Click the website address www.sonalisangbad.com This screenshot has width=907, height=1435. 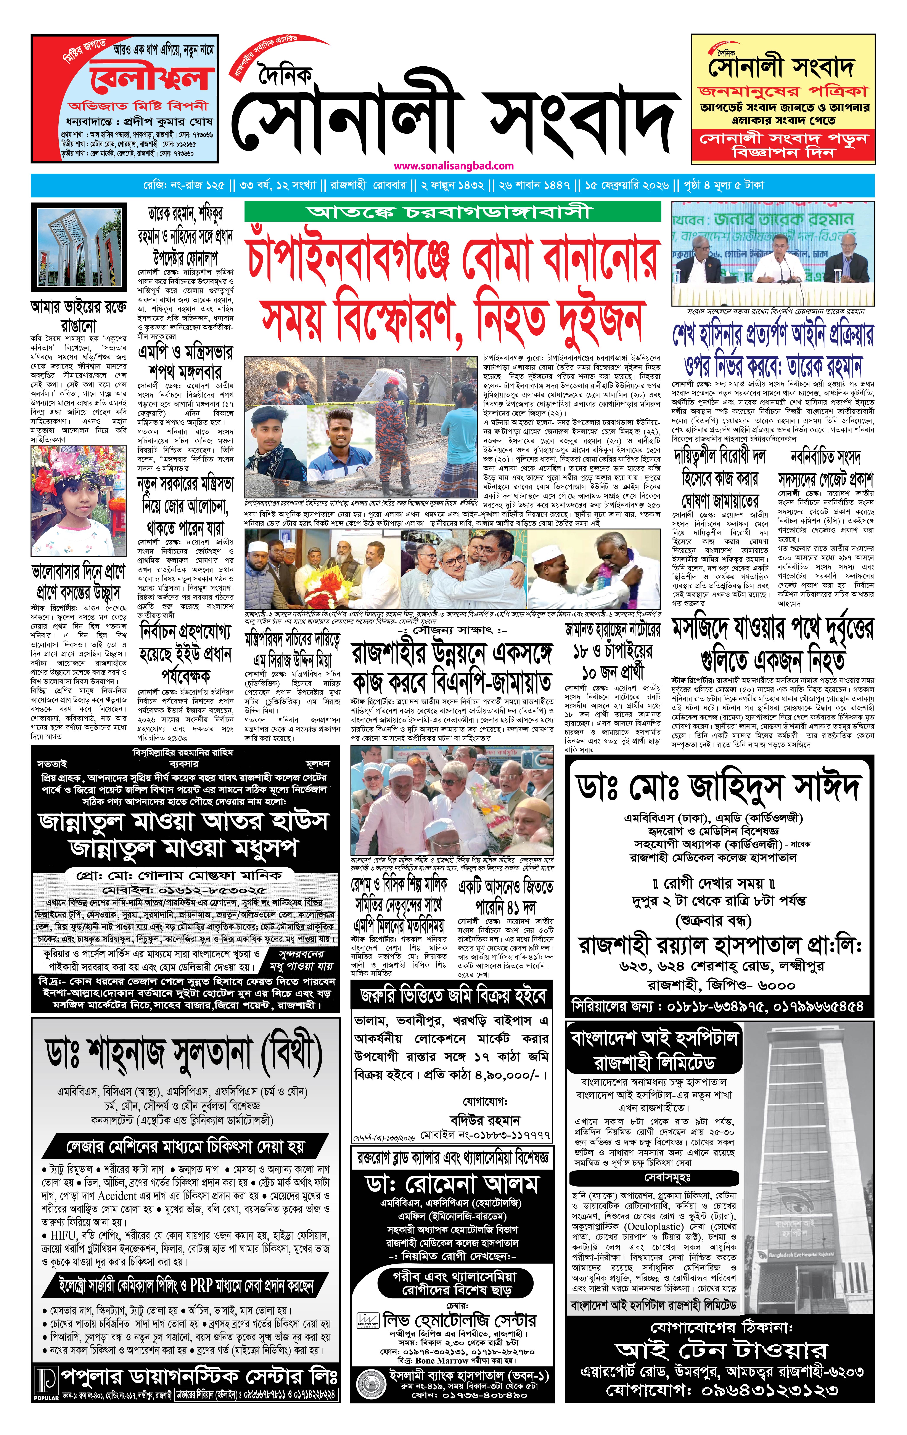453,166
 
